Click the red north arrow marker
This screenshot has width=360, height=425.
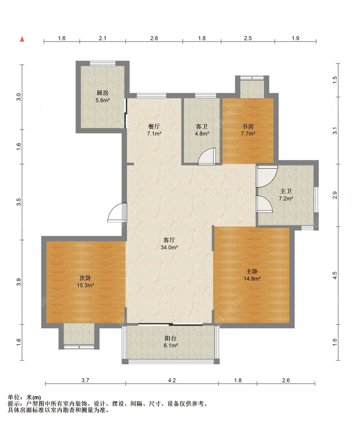pyautogui.click(x=22, y=39)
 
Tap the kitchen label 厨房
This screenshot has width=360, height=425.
pyautogui.click(x=102, y=93)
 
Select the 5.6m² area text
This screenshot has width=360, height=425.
pyautogui.click(x=103, y=100)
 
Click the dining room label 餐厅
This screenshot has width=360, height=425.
pyautogui.click(x=154, y=126)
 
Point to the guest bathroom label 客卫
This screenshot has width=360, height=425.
pyautogui.click(x=202, y=126)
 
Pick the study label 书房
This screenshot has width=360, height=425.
pyautogui.click(x=248, y=126)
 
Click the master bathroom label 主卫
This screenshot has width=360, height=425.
pyautogui.click(x=286, y=191)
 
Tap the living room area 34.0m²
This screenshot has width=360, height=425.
pyautogui.click(x=169, y=247)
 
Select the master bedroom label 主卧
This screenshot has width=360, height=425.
pyautogui.click(x=252, y=271)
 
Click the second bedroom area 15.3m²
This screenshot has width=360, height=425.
pyautogui.click(x=85, y=285)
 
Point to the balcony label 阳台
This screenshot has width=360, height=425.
pyautogui.click(x=171, y=338)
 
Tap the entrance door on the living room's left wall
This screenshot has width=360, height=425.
pyautogui.click(x=117, y=212)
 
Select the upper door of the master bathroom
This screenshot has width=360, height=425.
pyautogui.click(x=267, y=176)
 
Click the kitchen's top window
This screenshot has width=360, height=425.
pyautogui.click(x=103, y=63)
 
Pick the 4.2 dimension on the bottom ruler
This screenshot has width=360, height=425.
pyautogui.click(x=172, y=380)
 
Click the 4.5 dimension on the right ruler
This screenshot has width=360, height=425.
pyautogui.click(x=335, y=275)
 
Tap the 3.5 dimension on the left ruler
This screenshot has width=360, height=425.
pyautogui.click(x=19, y=202)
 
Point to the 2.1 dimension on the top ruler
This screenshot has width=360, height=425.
pyautogui.click(x=102, y=38)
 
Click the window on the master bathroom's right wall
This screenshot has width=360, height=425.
pyautogui.click(x=316, y=199)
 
